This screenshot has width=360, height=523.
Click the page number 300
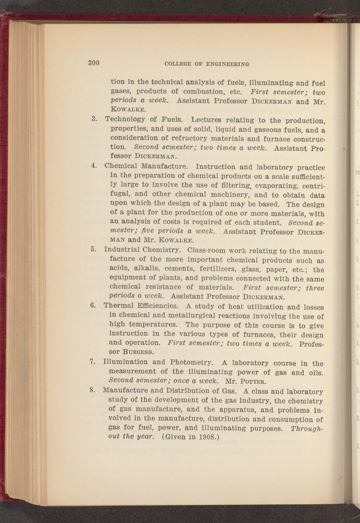pyautogui.click(x=94, y=63)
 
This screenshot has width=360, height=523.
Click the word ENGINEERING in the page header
pyautogui.click(x=227, y=64)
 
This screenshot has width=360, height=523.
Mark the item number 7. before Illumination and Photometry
pyautogui.click(x=92, y=361)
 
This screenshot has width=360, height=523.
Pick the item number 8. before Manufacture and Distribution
pyautogui.click(x=92, y=390)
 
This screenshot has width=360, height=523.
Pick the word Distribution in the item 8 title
pyautogui.click(x=189, y=390)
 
